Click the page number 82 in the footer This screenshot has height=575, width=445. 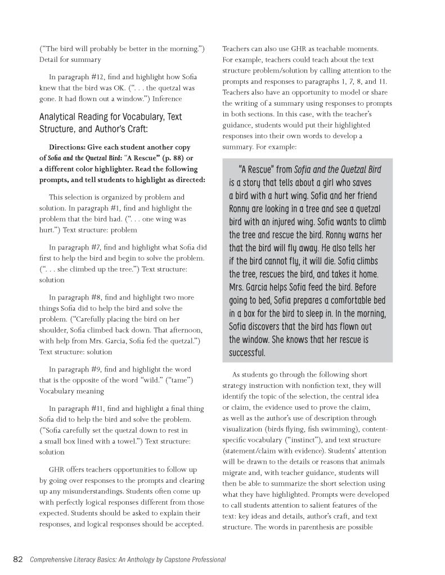17,559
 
